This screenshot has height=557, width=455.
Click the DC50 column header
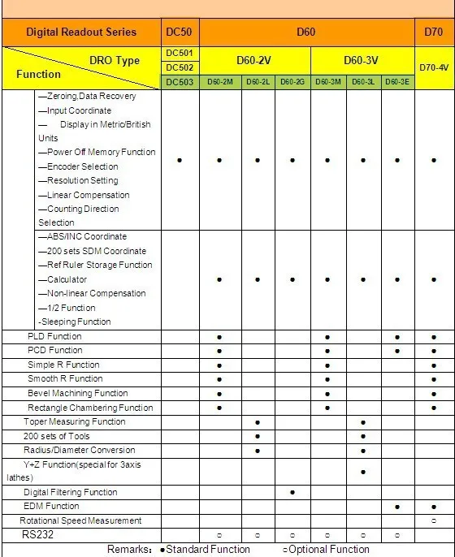coord(180,32)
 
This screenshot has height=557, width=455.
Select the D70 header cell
coord(434,32)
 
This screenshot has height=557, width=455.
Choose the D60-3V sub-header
coord(362,60)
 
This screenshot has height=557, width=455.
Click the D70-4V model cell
coord(434,67)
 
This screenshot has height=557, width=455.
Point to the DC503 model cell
coord(180,82)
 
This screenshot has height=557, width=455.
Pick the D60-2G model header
coord(292,82)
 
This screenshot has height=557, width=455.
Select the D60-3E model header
coord(397,82)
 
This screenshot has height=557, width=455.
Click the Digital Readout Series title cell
coord(81,32)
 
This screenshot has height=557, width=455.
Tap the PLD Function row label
coord(54,336)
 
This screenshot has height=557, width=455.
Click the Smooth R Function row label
coord(65,378)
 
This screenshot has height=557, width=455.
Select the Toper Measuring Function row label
coord(75,421)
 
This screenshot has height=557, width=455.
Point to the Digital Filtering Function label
coord(70,492)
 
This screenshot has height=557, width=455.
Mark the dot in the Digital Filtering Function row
coord(292,492)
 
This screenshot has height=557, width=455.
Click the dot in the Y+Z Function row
coord(362,471)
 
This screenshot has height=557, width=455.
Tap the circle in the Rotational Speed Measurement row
coord(434,520)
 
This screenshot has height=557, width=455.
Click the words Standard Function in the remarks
coord(209,550)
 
